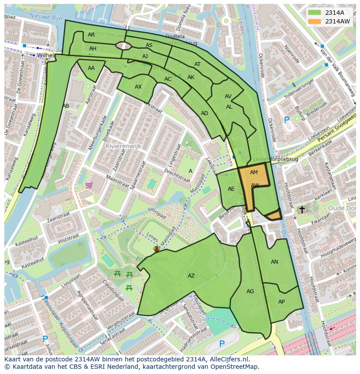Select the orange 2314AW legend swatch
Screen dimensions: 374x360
[314, 21]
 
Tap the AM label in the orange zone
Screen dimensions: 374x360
[254, 172]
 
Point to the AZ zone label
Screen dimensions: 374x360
[191, 276]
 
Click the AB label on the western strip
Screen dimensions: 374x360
[66, 106]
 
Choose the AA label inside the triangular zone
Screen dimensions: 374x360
[91, 68]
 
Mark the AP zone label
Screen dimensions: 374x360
[281, 302]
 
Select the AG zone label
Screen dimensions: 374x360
[250, 291]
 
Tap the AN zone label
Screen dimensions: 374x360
[274, 262]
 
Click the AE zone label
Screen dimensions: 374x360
[231, 189]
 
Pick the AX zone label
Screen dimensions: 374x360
[138, 87]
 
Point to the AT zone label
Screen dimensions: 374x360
[198, 64]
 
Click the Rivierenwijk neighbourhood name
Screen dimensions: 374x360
[123, 146]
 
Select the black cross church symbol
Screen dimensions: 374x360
[302, 209]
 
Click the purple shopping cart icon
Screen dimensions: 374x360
[89, 185]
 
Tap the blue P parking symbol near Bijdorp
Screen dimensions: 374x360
[286, 120]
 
